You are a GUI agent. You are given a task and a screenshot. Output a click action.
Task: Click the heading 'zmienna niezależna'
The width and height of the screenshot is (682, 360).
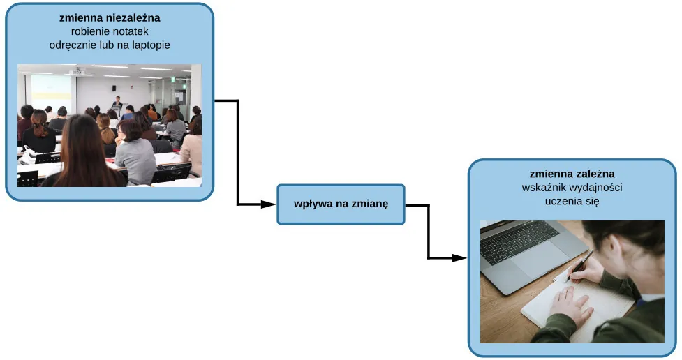[x=110, y=18]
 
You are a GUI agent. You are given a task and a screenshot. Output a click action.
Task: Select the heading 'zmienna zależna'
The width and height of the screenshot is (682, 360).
[x=572, y=174]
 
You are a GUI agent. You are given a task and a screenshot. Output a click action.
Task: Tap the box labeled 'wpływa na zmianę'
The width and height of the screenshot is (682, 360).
[x=341, y=204]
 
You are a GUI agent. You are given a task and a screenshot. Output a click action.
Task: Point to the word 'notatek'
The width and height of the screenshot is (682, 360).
[x=132, y=31]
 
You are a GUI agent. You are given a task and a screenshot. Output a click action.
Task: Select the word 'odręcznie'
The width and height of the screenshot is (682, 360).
[x=71, y=45]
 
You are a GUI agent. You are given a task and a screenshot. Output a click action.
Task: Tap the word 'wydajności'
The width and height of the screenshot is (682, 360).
[x=597, y=188]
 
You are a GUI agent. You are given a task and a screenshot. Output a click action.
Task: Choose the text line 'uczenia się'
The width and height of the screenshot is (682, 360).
[x=572, y=201]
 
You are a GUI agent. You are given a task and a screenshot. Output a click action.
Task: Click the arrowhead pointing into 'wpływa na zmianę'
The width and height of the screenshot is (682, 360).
[x=269, y=204]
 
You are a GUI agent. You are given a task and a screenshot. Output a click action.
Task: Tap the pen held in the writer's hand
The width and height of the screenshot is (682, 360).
[x=581, y=264]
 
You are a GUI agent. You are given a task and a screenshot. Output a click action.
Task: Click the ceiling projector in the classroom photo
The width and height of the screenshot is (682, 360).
[x=78, y=70]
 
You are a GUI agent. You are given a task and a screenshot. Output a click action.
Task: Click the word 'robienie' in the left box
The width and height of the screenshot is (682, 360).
[x=89, y=31]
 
